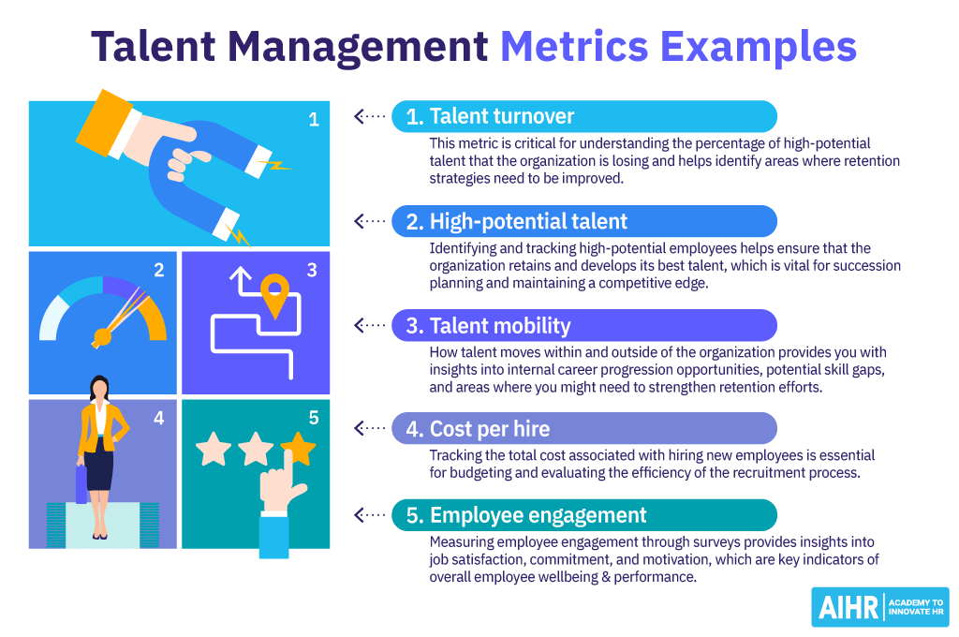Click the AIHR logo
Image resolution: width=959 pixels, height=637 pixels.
[x=879, y=607]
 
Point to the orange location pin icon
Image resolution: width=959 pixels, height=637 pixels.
[x=273, y=294]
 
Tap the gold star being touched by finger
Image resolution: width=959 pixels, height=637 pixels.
[x=298, y=449]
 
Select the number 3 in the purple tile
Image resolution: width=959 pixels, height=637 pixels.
[x=312, y=271]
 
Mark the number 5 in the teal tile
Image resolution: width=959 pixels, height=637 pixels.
[x=314, y=418]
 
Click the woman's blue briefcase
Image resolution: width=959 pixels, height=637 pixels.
[x=81, y=483]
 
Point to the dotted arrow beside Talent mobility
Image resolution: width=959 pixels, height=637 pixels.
[x=370, y=325]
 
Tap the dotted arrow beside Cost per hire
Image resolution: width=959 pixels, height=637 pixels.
[x=370, y=429]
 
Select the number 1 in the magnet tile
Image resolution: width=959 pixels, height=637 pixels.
[x=314, y=119]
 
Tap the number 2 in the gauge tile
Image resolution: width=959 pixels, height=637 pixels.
[x=159, y=271]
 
